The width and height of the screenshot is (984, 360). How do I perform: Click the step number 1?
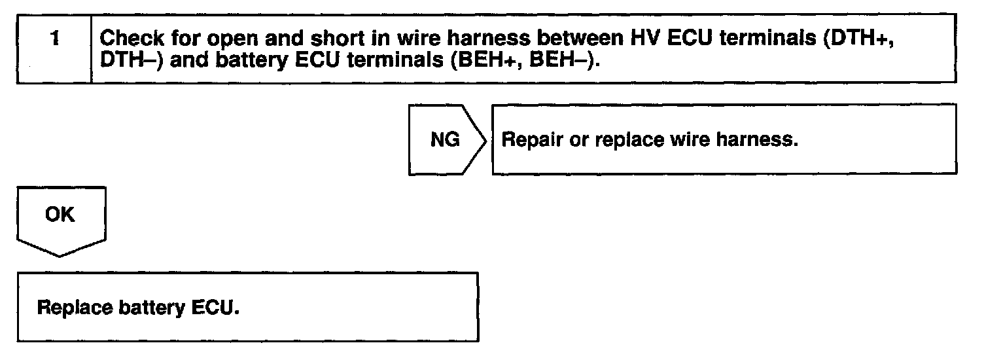54,39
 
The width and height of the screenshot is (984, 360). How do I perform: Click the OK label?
60,215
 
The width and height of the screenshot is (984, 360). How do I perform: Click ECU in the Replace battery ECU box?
213,308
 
